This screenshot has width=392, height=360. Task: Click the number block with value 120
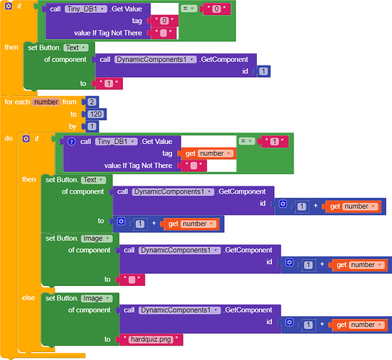pos(96,114)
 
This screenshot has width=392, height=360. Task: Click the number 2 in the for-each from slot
pos(92,102)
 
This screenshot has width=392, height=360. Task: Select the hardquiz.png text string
pos(151,339)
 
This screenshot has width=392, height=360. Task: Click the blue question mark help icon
pos(71,142)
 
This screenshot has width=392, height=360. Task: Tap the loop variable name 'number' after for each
pos(46,102)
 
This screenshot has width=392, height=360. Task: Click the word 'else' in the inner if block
pos(29,297)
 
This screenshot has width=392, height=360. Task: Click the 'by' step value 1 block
pos(92,126)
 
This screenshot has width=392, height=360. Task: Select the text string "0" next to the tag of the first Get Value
pos(164,21)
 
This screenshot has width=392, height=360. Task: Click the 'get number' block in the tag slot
pos(209,153)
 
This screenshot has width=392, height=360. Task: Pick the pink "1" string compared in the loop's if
pos(274,142)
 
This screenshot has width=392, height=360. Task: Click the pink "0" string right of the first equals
pos(216,9)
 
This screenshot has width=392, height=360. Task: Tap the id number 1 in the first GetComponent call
pos(263,71)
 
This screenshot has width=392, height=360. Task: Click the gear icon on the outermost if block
pos(9,6)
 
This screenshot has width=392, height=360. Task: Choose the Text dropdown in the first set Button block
pos(76,48)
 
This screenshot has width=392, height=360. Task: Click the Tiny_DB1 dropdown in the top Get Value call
pos(86,9)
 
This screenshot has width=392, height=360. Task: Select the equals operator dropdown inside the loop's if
pos(247,141)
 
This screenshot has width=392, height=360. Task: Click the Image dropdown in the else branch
pos(97,298)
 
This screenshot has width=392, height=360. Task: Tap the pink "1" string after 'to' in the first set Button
pos(109,84)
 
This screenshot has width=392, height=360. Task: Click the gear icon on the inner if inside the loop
pos(26,138)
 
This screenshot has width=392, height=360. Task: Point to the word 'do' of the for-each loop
pos(9,138)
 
